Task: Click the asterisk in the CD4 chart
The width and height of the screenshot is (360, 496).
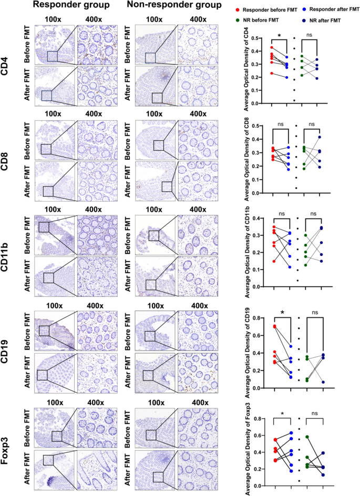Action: coord(280,36)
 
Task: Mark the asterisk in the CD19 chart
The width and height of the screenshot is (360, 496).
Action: coord(282,314)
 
